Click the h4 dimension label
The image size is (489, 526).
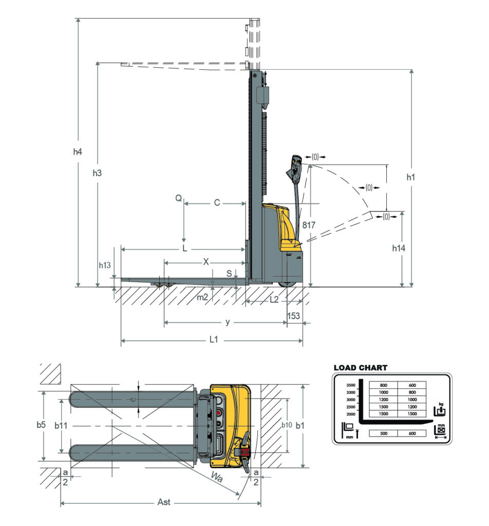tap(77, 152)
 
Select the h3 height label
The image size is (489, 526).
tap(97, 173)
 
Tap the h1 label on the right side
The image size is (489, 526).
tap(410, 177)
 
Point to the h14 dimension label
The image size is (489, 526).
tap(399, 248)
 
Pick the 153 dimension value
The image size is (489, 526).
tap(293, 316)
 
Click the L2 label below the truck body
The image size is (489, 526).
tap(274, 299)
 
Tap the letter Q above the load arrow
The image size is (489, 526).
tap(178, 199)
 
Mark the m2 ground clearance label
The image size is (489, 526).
tap(203, 297)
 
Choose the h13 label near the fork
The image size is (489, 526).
tap(104, 266)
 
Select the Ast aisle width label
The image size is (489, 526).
tap(163, 502)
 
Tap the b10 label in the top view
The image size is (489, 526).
tap(286, 425)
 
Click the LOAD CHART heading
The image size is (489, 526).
tap(361, 368)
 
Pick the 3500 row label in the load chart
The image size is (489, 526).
tap(351, 384)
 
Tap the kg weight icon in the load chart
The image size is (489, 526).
tap(439, 409)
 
